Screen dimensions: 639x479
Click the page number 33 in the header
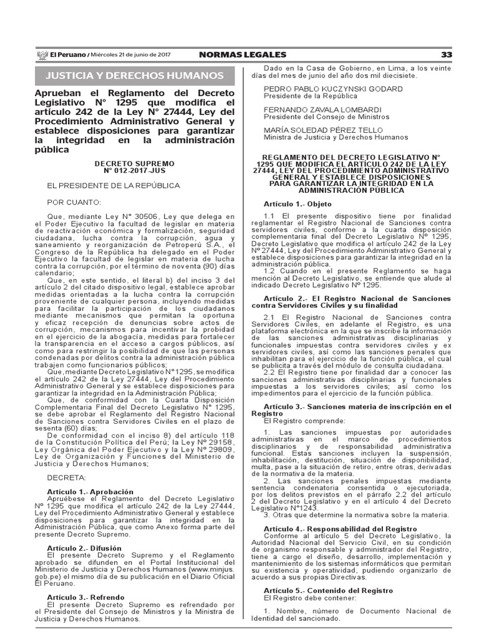446,55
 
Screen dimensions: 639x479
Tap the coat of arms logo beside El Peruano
42,55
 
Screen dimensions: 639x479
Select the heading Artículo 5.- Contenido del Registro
318,590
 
